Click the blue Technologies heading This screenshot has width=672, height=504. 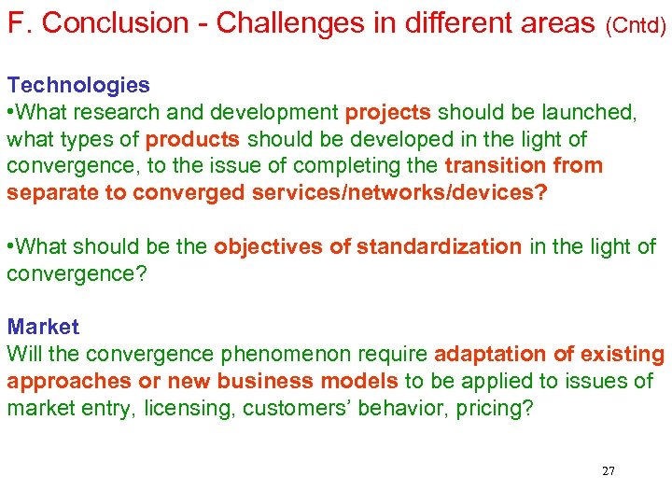coord(78,85)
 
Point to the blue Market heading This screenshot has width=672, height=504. coord(43,327)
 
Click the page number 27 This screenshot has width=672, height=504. coord(608,470)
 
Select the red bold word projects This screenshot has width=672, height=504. coord(387,112)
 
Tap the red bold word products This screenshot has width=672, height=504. coord(193,139)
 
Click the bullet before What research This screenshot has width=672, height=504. coord(11,112)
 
